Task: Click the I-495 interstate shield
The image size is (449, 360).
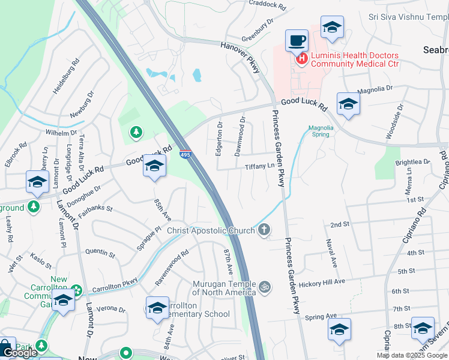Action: pyautogui.click(x=185, y=155)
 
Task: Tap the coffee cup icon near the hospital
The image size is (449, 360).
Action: pyautogui.click(x=297, y=41)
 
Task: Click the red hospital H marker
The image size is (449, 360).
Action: pyautogui.click(x=301, y=58)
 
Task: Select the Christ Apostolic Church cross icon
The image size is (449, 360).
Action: pyautogui.click(x=263, y=230)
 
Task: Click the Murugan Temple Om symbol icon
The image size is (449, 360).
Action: pyautogui.click(x=265, y=287)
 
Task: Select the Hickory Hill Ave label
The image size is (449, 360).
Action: pyautogui.click(x=323, y=281)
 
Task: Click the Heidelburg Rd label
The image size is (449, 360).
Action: pyautogui.click(x=66, y=76)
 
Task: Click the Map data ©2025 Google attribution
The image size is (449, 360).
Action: pyautogui.click(x=412, y=355)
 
